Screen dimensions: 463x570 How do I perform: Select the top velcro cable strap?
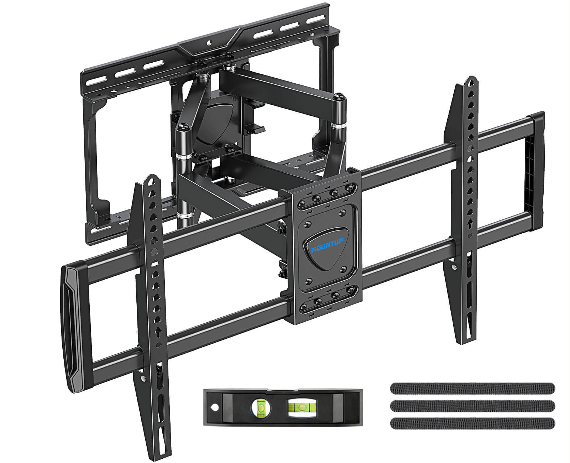(x=472, y=389)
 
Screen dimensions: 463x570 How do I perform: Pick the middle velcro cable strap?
(x=472, y=406)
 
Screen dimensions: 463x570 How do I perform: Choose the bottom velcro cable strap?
(x=472, y=423)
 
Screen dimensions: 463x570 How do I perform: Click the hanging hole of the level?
(x=215, y=407)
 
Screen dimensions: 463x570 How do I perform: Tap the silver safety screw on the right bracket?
(x=453, y=267)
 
